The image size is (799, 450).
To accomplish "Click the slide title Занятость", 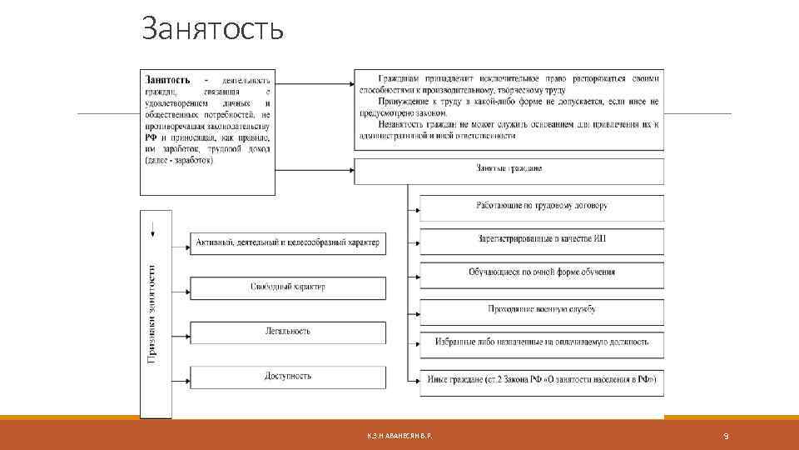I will [213, 30].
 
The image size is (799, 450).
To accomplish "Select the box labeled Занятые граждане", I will [509, 169].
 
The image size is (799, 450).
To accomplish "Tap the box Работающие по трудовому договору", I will [542, 206].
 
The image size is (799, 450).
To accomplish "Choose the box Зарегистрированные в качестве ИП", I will [542, 240].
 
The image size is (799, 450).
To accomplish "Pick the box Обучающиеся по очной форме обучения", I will [542, 273].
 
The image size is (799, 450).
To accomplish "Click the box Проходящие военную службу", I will [542, 309].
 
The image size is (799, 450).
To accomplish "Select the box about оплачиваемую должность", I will [542, 342].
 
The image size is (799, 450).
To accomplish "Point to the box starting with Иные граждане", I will [542, 379].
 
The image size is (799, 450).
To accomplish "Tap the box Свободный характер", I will [288, 287].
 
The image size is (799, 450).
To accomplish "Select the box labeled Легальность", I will [288, 332].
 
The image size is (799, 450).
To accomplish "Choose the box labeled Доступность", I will [288, 377].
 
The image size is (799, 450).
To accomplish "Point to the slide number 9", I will [726, 436].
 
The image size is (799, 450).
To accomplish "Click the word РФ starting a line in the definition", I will [151, 137].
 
